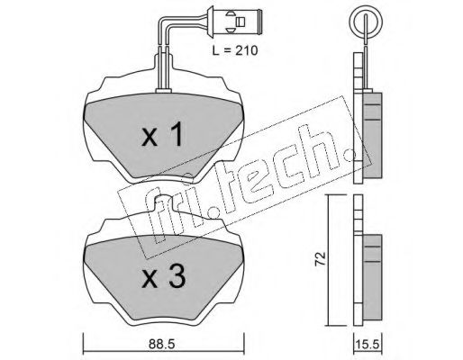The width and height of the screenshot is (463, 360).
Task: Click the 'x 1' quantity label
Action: click(x=162, y=134)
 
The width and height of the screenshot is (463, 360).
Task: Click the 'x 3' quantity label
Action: click(x=164, y=276)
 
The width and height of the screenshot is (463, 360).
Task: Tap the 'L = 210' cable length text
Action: click(x=235, y=50)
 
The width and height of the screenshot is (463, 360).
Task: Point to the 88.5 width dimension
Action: click(x=161, y=345)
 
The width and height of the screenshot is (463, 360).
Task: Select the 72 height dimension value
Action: click(x=321, y=258)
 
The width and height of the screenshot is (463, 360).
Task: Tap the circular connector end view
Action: click(x=367, y=22)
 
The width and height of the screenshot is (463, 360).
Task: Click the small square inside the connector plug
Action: click(x=241, y=22)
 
